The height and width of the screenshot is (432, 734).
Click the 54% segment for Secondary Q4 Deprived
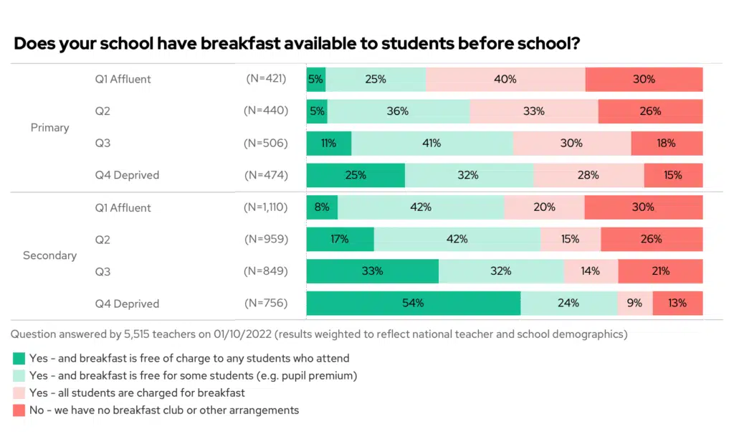pyautogui.click(x=413, y=303)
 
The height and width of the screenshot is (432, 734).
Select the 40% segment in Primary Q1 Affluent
pyautogui.click(x=505, y=79)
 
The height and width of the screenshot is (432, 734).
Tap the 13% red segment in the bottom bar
pyautogui.click(x=677, y=303)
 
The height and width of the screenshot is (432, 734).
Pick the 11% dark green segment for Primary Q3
pyautogui.click(x=329, y=143)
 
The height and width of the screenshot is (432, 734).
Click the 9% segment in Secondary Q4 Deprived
pyautogui.click(x=634, y=303)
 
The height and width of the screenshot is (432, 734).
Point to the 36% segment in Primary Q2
pyautogui.click(x=398, y=111)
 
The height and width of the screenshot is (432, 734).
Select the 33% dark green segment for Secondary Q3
pyautogui.click(x=372, y=271)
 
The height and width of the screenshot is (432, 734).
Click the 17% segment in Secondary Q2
pyautogui.click(x=340, y=239)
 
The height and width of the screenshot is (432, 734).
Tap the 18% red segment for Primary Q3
pyautogui.click(x=667, y=143)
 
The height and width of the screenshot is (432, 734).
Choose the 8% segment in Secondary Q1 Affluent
pyautogui.click(x=322, y=207)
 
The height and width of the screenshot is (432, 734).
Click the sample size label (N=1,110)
pyautogui.click(x=265, y=207)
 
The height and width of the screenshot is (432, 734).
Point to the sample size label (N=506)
pyautogui.click(x=265, y=143)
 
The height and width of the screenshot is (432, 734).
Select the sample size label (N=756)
pyautogui.click(x=265, y=303)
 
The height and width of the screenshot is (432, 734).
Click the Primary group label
pyautogui.click(x=49, y=127)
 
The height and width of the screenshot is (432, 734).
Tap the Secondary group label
pyautogui.click(x=49, y=255)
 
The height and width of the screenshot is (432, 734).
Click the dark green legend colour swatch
pyautogui.click(x=19, y=357)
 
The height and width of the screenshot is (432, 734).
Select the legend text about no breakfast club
pyautogui.click(x=164, y=410)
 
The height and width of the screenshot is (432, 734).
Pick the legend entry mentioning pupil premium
pyautogui.click(x=193, y=375)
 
